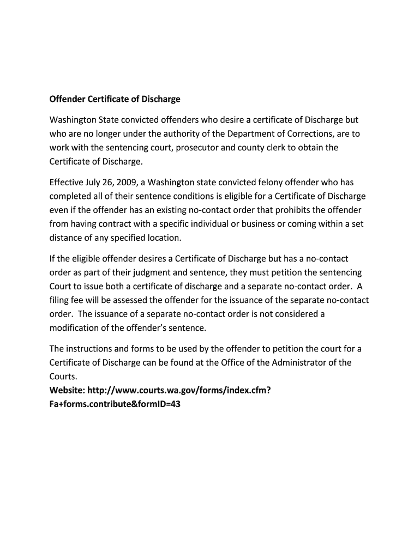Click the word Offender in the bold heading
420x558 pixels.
tap(67, 99)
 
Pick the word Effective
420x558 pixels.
tap(67, 182)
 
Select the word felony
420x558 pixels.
tap(267, 182)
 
